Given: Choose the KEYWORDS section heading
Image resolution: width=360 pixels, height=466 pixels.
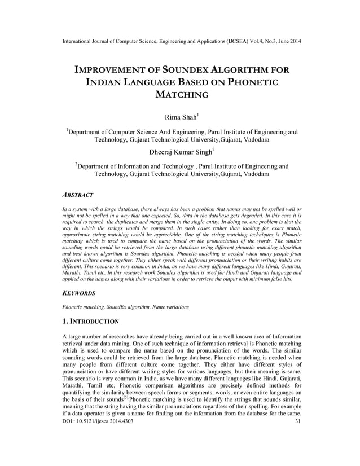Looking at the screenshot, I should click(x=79, y=293).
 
